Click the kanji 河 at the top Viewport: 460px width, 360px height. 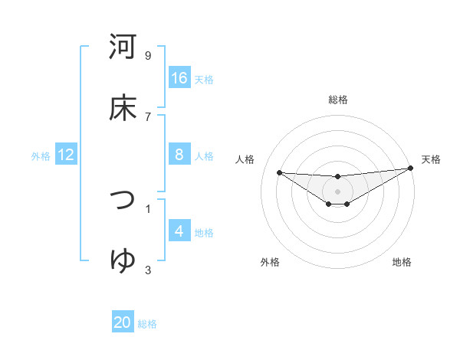click(123, 47)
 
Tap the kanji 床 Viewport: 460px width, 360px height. click(123, 108)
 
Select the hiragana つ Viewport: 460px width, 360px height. click(123, 201)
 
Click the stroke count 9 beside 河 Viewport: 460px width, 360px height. click(148, 55)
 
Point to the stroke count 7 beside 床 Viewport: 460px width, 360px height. click(148, 116)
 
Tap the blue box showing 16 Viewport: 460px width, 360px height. click(179, 78)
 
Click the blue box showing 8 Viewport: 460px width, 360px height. click(179, 155)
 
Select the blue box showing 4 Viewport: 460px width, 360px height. click(179, 231)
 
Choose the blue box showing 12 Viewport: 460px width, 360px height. click(66, 155)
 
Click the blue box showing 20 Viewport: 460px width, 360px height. click(123, 323)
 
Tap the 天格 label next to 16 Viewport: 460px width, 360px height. click(204, 79)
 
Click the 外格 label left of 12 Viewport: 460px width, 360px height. click(41, 155)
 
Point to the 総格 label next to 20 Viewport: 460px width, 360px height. click(147, 324)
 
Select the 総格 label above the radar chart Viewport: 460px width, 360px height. click(338, 100)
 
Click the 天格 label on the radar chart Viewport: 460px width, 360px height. click(431, 159)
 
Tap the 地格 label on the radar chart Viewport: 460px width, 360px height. click(402, 262)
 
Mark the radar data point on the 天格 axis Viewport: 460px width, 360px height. click(411, 168)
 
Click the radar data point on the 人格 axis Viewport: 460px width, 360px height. click(279, 172)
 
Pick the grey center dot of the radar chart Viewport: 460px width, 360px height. click(338, 191)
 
